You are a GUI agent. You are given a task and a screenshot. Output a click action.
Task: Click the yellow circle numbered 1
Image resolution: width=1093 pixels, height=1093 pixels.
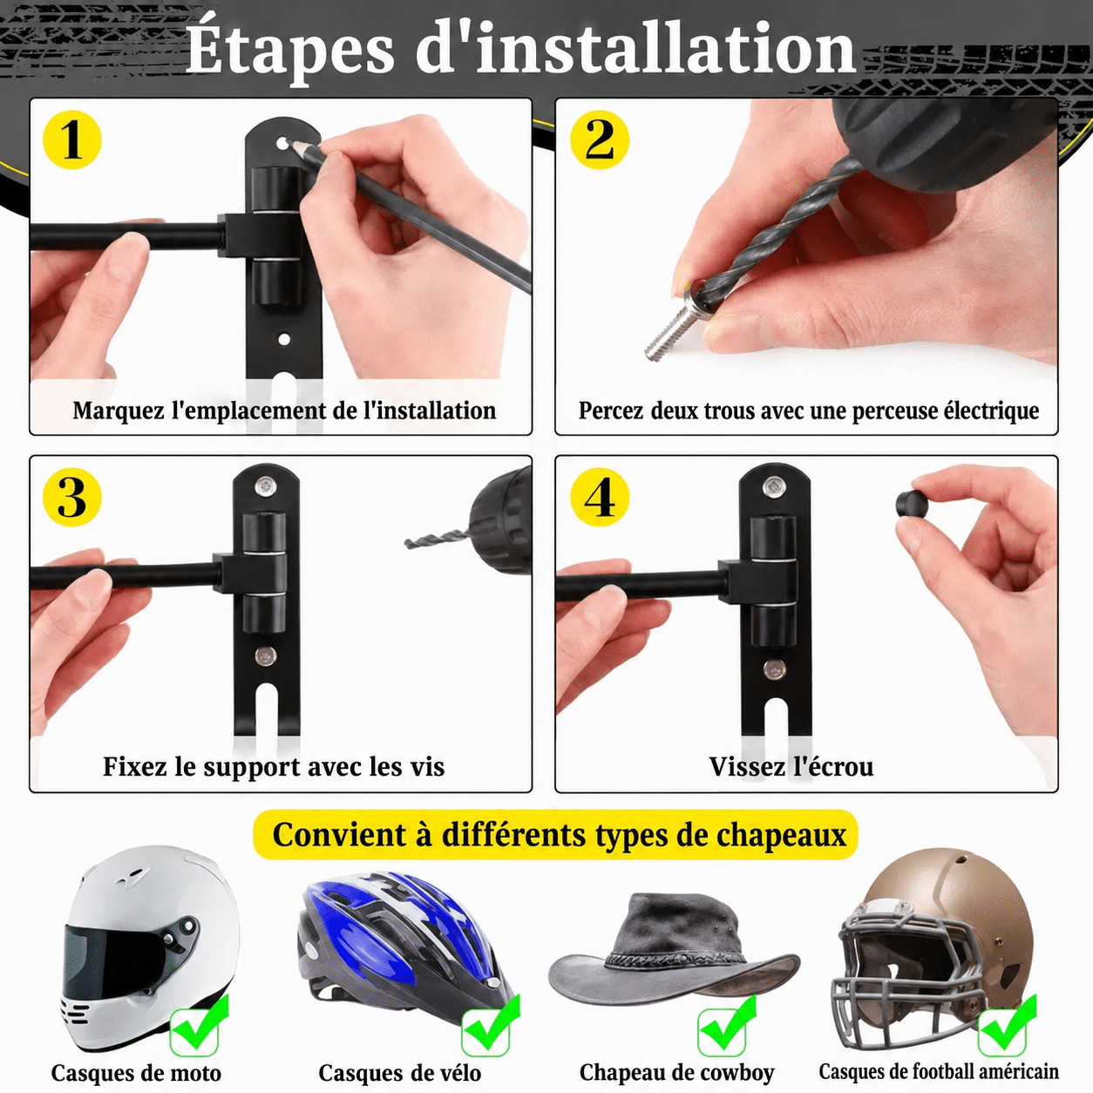point(72,140)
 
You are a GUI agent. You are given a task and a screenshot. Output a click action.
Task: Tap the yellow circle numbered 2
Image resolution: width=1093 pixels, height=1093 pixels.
point(600,140)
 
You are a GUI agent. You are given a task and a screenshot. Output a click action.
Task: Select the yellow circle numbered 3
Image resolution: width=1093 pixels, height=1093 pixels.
point(72,498)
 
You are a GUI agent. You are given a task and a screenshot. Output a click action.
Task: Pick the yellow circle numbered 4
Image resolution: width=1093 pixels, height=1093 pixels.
point(600,498)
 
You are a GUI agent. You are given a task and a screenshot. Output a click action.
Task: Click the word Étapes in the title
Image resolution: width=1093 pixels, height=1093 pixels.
point(290,50)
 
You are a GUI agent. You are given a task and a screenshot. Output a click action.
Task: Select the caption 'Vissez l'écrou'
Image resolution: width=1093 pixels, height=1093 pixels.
point(791,767)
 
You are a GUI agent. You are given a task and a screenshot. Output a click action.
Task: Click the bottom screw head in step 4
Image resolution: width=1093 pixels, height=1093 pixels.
point(772,669)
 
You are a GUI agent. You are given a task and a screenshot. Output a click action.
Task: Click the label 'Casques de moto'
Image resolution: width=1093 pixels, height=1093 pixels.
point(136,1073)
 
